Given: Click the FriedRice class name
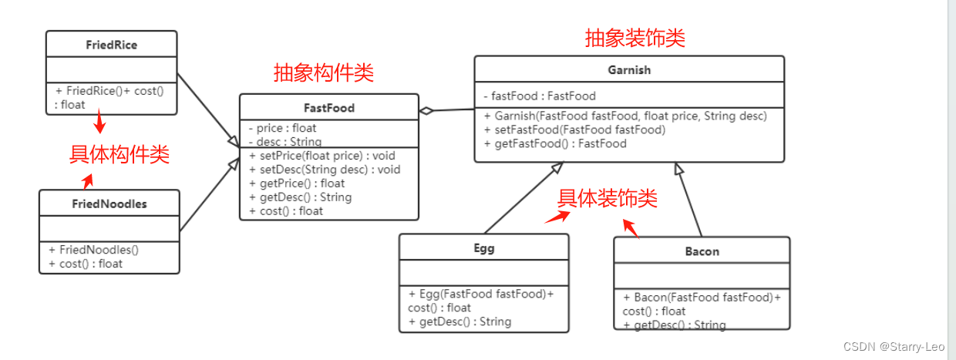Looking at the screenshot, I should (111, 45).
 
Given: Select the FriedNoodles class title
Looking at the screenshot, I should (109, 204).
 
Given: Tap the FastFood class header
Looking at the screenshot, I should (328, 108).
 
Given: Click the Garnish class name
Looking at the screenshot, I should (628, 69).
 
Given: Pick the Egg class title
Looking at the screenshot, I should (483, 248).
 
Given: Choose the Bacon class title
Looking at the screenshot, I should (702, 251).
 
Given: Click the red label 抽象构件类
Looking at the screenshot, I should (324, 73).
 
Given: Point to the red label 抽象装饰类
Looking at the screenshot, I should (635, 38).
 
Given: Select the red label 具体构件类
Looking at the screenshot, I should (119, 155).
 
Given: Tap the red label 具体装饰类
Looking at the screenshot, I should (608, 199).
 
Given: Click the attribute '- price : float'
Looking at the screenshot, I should (282, 128).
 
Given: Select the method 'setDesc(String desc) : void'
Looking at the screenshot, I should (325, 170).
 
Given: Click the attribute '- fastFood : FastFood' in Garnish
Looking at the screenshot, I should (540, 96).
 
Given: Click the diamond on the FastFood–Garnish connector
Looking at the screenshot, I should (426, 110).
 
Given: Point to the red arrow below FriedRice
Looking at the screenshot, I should (99, 123).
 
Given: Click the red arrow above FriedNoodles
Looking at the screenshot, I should (88, 181).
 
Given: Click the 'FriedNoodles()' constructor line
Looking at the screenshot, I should (93, 250).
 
